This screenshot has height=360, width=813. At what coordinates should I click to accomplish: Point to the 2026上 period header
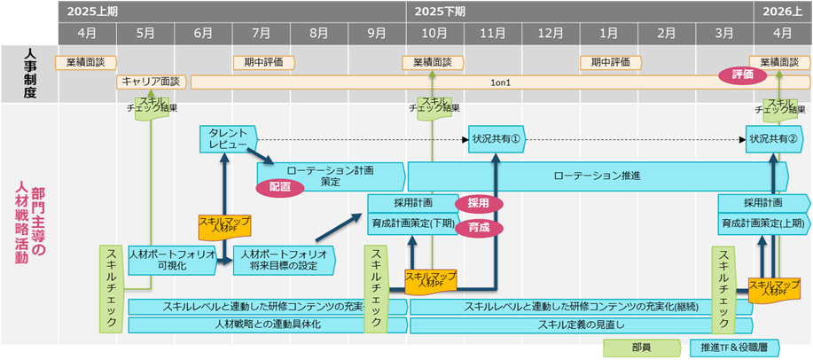781,12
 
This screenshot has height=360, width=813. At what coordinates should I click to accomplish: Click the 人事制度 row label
29,73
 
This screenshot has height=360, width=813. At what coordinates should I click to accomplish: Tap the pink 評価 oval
742,75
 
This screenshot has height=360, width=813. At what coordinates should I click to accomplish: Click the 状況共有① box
495,139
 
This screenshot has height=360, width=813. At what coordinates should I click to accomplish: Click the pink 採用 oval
479,203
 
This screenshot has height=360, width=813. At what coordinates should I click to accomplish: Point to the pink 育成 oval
479,227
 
